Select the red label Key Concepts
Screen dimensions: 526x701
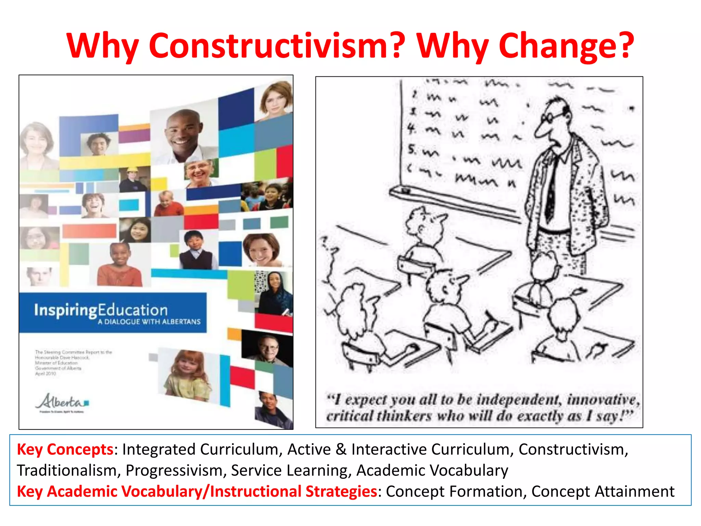click(x=65, y=450)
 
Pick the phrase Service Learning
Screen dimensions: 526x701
click(x=291, y=471)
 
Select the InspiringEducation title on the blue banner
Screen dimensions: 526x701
click(x=101, y=310)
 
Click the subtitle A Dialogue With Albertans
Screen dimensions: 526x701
click(x=149, y=322)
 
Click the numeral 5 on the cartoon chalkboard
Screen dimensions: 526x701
click(x=412, y=149)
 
